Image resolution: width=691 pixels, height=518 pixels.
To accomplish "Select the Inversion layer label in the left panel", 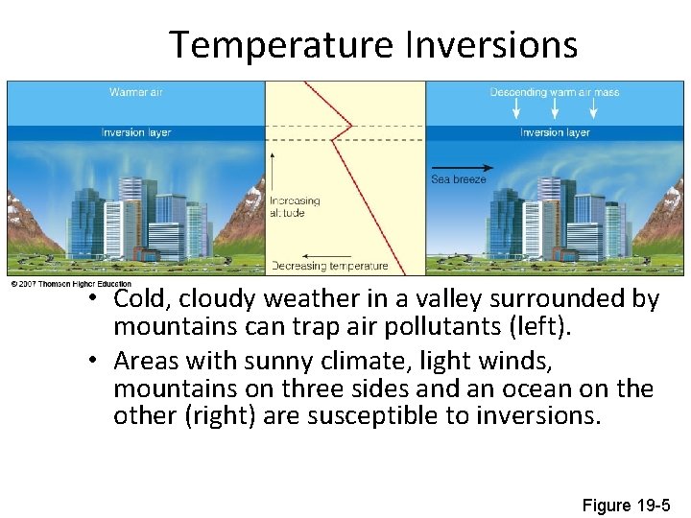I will [x=136, y=132].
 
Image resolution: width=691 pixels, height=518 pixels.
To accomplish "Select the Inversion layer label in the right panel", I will [x=555, y=132].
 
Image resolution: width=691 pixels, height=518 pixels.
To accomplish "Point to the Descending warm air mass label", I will [x=554, y=92].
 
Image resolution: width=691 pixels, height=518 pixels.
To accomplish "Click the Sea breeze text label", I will [x=459, y=179].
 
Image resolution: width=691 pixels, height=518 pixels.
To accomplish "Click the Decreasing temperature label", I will [x=329, y=266].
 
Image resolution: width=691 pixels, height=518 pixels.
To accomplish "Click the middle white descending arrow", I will [x=555, y=111].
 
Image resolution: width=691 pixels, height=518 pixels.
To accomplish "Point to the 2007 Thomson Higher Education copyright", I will [x=70, y=283].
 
